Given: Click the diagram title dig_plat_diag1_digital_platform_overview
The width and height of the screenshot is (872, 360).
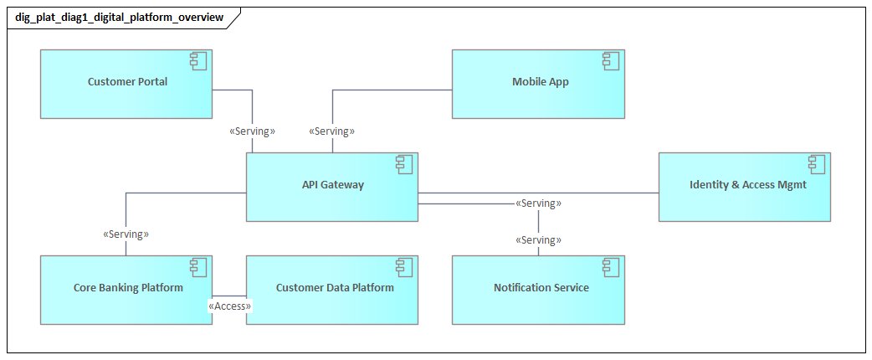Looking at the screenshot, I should pyautogui.click(x=119, y=17).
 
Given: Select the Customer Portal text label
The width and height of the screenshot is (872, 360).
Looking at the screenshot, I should pyautogui.click(x=127, y=82).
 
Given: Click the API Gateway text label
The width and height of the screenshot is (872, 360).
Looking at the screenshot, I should pyautogui.click(x=333, y=185).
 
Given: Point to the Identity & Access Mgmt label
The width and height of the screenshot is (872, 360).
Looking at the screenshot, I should pyautogui.click(x=747, y=185).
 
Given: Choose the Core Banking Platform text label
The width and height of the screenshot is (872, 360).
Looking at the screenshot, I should pyautogui.click(x=128, y=288).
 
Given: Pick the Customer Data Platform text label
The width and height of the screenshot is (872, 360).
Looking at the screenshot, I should pyautogui.click(x=335, y=288).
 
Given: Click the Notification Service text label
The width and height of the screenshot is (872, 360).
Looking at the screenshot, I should pyautogui.click(x=541, y=288).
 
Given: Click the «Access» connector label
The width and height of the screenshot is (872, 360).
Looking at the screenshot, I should pyautogui.click(x=229, y=306).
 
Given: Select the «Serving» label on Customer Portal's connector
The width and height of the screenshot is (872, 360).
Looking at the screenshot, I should pyautogui.click(x=252, y=131).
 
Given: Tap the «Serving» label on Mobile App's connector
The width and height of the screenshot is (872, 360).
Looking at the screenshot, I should pyautogui.click(x=332, y=131).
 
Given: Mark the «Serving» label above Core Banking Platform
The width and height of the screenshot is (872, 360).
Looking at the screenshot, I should pyautogui.click(x=126, y=234).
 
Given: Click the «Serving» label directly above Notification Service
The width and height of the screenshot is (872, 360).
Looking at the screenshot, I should pyautogui.click(x=538, y=240).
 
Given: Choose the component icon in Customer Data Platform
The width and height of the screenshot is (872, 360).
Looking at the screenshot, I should pyautogui.click(x=404, y=267).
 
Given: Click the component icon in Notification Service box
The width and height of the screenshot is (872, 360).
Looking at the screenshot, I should pyautogui.click(x=611, y=267).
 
